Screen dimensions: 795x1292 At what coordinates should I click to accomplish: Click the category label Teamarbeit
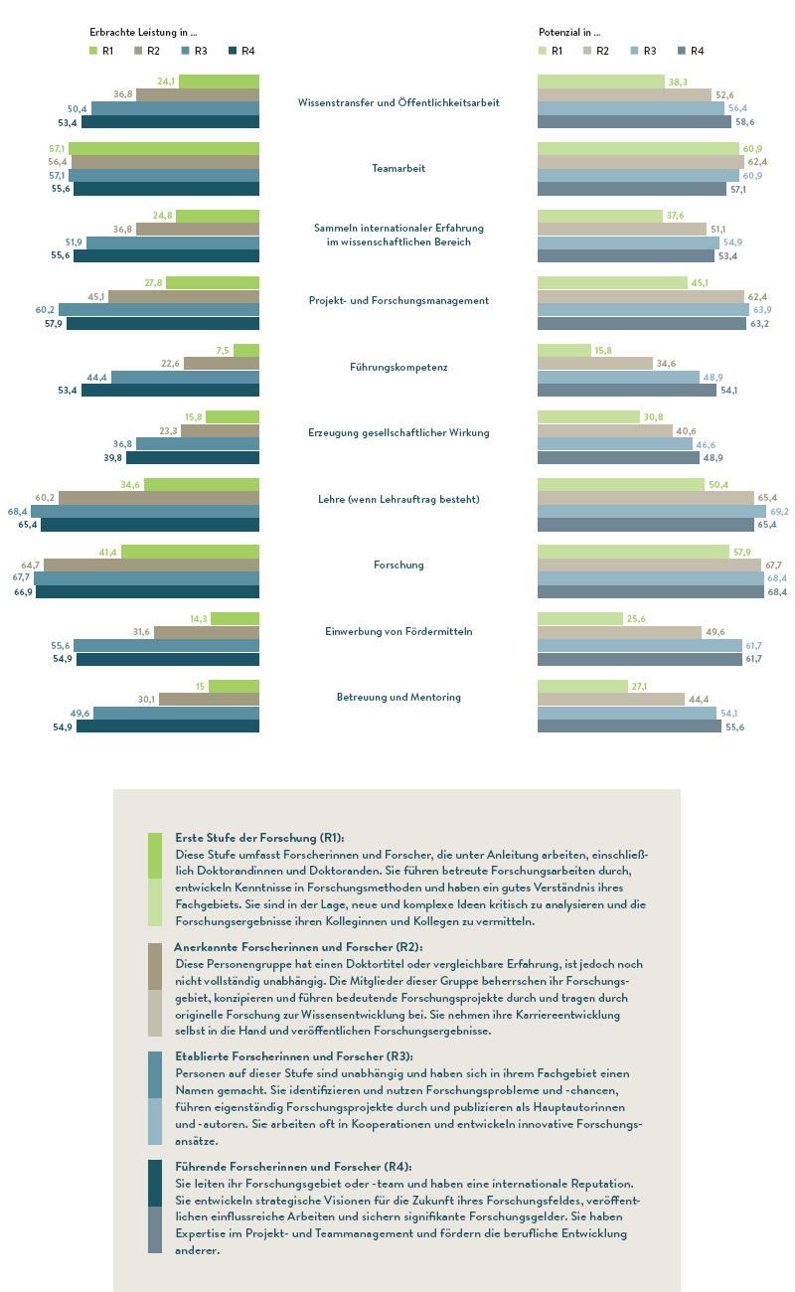click(x=398, y=168)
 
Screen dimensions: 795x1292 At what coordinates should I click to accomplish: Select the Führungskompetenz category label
click(x=398, y=368)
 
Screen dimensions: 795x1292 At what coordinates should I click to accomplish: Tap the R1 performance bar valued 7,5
click(x=246, y=350)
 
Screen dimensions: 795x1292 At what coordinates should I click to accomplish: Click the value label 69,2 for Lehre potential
click(x=779, y=512)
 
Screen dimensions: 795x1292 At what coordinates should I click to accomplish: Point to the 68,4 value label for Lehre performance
click(x=17, y=512)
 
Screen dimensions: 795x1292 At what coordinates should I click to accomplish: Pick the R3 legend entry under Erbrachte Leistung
click(x=195, y=51)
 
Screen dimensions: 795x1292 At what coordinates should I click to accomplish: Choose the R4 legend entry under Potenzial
click(x=692, y=51)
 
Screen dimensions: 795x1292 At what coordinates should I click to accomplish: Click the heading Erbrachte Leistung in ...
click(x=143, y=32)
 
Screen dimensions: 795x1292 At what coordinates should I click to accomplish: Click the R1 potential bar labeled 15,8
click(x=564, y=350)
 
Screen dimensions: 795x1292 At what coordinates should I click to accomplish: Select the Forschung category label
click(x=398, y=565)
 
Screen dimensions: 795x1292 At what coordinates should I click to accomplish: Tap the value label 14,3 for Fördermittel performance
click(x=199, y=619)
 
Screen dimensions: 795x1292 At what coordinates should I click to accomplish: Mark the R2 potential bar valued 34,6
click(x=595, y=364)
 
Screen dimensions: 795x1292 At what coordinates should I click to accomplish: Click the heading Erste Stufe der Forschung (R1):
click(x=259, y=838)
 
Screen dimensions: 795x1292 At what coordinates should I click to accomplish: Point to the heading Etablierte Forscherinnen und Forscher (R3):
click(x=294, y=1056)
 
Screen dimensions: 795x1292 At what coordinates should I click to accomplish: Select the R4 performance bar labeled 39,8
click(x=193, y=458)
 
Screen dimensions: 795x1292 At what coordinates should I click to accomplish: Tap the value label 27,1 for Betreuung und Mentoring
click(x=639, y=687)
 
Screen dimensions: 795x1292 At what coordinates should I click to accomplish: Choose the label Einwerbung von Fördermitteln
click(x=398, y=631)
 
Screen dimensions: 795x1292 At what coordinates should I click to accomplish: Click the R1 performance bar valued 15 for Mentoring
click(x=234, y=686)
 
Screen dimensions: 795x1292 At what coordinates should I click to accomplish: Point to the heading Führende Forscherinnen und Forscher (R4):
click(x=294, y=1166)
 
